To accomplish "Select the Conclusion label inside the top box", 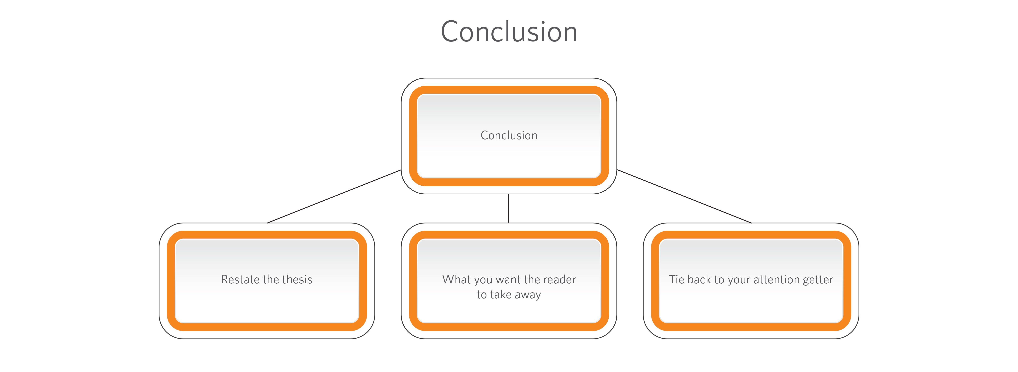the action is (x=509, y=136).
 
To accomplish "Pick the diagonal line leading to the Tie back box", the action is (x=684, y=196).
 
